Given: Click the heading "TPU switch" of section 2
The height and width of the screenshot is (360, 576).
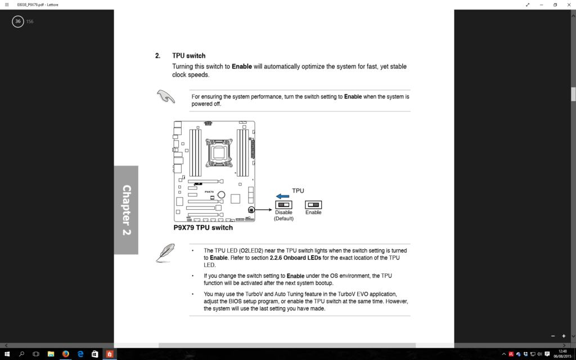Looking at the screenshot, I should click(188, 56).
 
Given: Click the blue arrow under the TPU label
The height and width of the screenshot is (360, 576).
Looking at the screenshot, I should click(282, 196).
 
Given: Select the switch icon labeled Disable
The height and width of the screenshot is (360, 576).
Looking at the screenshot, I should click(283, 205).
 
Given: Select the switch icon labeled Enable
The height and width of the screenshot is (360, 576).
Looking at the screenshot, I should click(313, 205).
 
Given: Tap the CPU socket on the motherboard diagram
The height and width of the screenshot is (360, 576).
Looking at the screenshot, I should click(218, 151).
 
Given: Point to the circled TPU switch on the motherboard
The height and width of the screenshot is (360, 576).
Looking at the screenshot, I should click(251, 209).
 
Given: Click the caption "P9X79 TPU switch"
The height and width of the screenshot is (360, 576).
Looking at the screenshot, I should click(203, 228).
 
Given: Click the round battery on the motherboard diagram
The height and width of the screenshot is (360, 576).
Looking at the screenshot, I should click(222, 195).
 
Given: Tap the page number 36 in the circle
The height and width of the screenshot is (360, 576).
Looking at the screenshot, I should click(18, 21).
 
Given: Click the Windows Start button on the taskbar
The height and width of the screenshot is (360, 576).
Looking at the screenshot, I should click(7, 354).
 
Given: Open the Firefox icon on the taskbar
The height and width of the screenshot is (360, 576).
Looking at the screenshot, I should click(65, 354).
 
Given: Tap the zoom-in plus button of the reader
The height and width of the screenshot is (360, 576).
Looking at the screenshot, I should click(564, 336).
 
